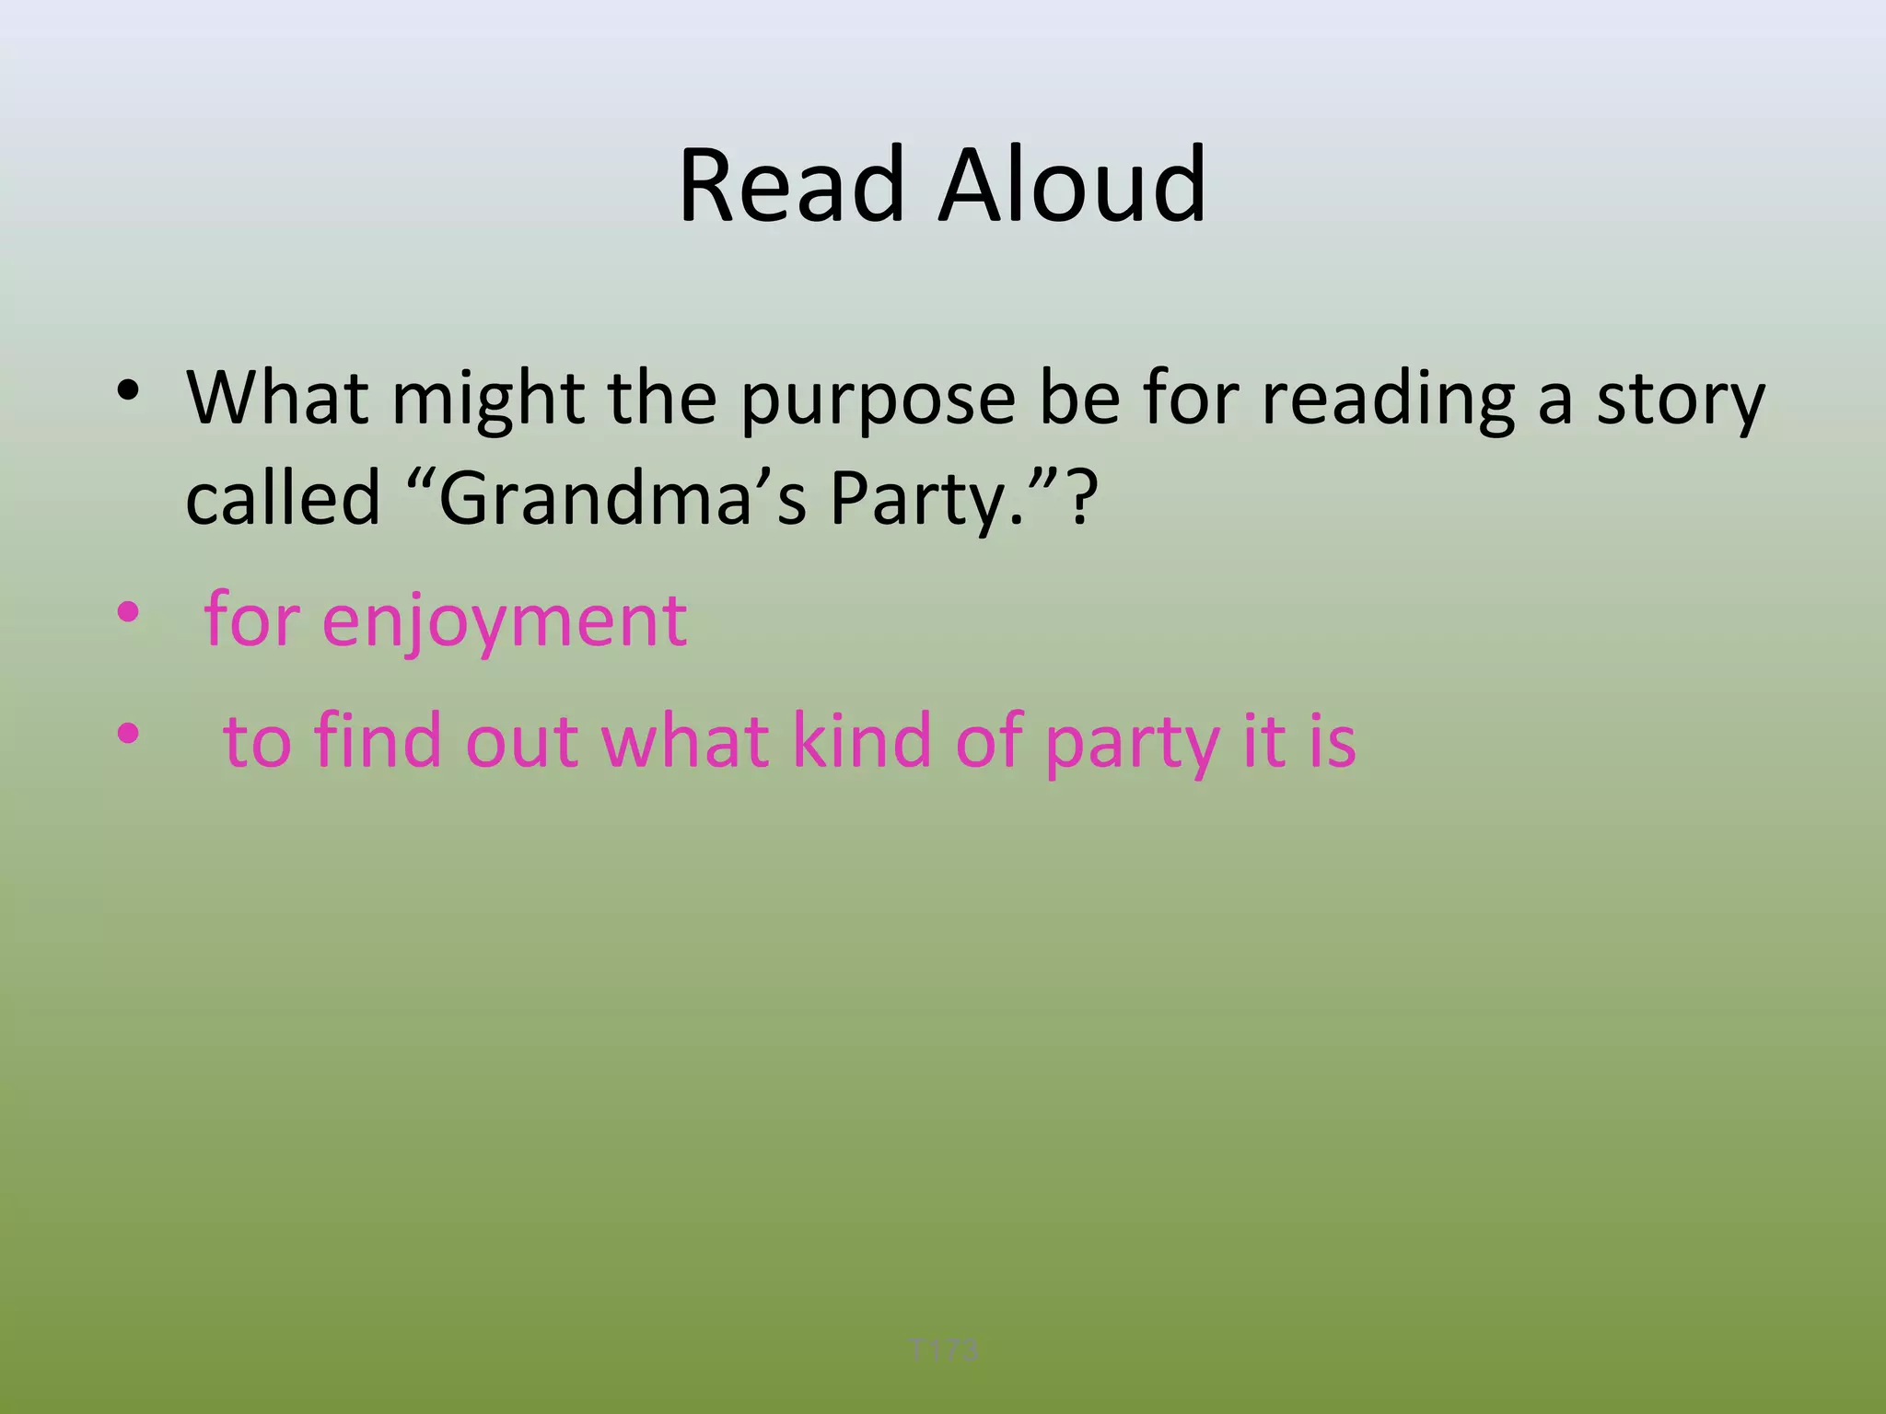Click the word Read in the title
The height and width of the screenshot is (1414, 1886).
tap(791, 186)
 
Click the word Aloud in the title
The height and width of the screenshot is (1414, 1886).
tap(1072, 186)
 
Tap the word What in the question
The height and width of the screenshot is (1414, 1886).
tap(278, 398)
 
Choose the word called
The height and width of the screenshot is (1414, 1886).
tap(283, 498)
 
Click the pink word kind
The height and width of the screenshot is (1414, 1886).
tap(862, 740)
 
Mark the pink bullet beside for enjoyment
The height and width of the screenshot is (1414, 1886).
tap(128, 612)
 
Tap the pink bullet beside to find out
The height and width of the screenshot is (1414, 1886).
tap(128, 734)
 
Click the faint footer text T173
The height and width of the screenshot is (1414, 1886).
tap(943, 1350)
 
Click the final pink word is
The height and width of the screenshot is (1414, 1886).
tap(1333, 740)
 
